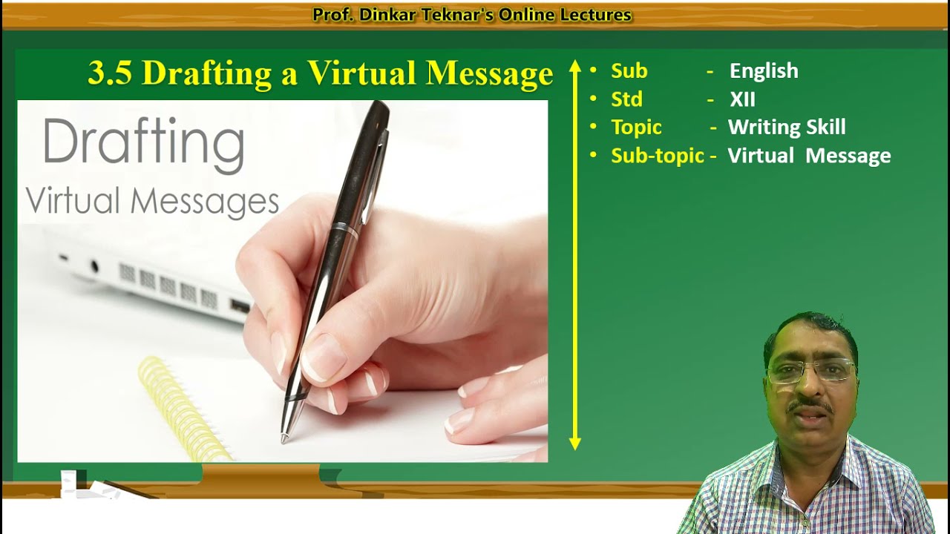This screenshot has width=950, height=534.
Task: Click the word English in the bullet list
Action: pos(764,71)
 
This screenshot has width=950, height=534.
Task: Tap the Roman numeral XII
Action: pos(742,99)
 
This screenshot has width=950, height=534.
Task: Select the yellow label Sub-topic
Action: pos(657,156)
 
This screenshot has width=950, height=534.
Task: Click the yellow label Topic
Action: pos(636,128)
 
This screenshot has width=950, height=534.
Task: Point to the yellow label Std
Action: pos(626,99)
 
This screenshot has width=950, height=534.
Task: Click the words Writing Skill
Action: pos(787,128)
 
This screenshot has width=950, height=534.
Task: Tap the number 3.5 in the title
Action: pos(110,73)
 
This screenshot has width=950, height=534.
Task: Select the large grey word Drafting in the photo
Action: pos(143,143)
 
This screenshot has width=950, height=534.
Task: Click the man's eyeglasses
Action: pos(810,370)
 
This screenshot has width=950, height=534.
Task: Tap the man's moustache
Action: pos(810,406)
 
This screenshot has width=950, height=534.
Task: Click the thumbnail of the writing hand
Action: pos(282,282)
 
